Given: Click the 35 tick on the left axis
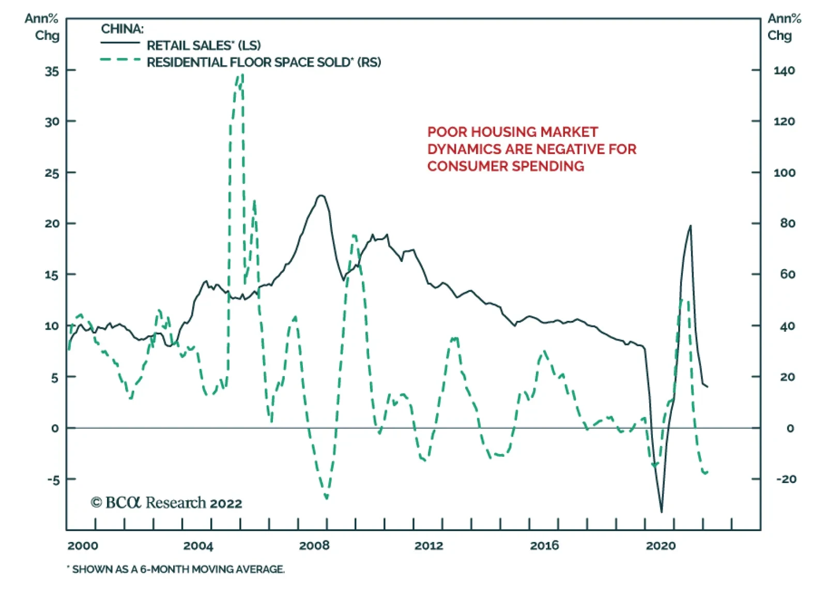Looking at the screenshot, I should [x=52, y=71].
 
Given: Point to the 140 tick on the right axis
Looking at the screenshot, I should [x=784, y=71].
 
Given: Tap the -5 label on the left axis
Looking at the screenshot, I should [x=53, y=480].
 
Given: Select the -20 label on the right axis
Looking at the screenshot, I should [x=786, y=479].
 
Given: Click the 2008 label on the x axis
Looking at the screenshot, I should [x=314, y=546].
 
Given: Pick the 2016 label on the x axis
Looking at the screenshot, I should [x=544, y=546].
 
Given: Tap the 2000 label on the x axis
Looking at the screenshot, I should [x=83, y=546].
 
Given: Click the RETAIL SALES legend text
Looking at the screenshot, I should [x=204, y=45].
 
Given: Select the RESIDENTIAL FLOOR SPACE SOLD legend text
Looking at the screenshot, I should [x=264, y=63].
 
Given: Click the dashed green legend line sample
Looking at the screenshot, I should [x=120, y=60].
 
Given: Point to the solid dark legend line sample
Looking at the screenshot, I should [x=120, y=42].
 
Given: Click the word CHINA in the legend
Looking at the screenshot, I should [x=122, y=29].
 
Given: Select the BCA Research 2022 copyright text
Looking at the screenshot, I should [x=166, y=503].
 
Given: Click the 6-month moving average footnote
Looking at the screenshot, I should [x=176, y=569].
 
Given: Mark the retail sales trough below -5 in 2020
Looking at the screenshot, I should [x=662, y=511].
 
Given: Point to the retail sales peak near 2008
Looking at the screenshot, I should [x=321, y=196].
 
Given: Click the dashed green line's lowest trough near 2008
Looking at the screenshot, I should [x=326, y=498].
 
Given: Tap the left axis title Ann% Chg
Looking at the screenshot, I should [x=42, y=27].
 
